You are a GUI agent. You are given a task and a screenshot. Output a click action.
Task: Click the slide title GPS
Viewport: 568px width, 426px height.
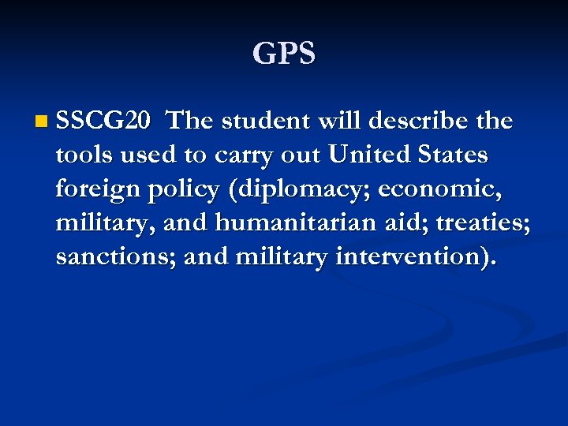coord(284,54)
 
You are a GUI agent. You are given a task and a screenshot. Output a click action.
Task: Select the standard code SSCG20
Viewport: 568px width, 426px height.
coord(103,121)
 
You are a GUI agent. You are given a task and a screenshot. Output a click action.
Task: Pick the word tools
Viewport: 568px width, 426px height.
coord(84,155)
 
